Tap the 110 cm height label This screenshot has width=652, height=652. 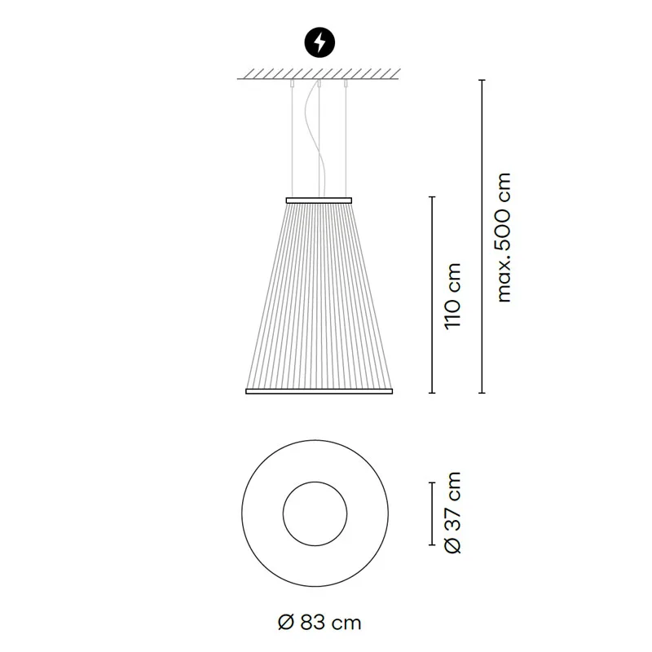coord(454,295)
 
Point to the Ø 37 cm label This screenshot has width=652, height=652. coord(454,513)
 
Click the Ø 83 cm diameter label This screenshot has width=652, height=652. coord(319,623)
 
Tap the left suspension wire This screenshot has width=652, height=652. coord(291,139)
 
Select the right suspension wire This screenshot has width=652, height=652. coord(346,139)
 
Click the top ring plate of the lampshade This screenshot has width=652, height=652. coord(319,198)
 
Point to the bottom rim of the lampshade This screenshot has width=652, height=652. coord(319,391)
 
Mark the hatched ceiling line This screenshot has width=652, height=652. coord(319,77)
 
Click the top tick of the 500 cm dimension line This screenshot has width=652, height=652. coord(482,80)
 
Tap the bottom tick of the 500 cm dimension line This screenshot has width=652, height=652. coord(482,393)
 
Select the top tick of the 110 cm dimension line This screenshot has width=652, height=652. coord(433,197)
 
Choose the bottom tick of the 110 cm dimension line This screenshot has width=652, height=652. coord(433,393)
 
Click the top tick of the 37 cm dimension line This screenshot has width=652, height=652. coord(433,482)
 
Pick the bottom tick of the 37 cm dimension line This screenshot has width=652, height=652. coord(433,544)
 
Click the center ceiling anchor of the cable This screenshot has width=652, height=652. coord(319,83)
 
